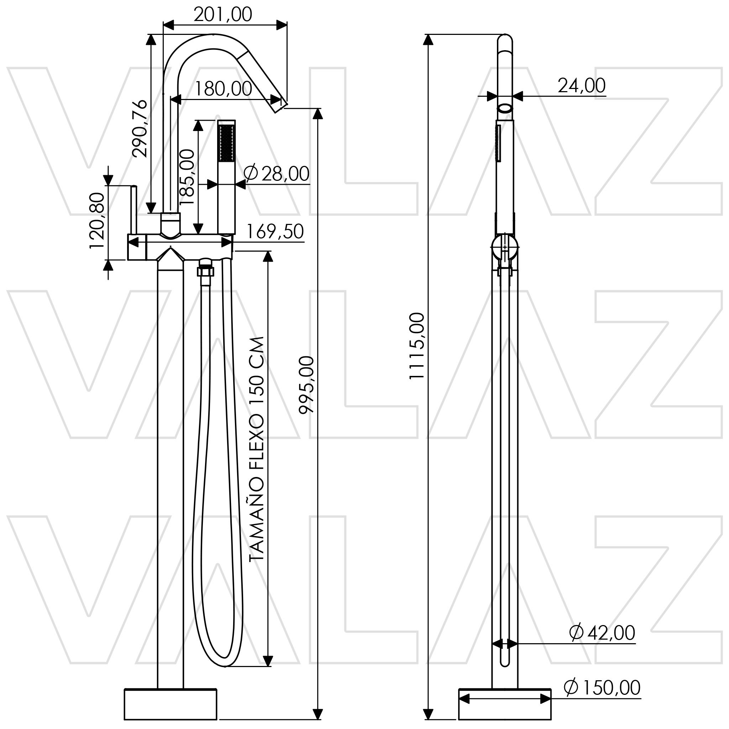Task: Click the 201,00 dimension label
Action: pyautogui.click(x=222, y=15)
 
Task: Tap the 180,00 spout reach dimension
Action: pyautogui.click(x=223, y=89)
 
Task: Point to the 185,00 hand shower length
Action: pyautogui.click(x=188, y=177)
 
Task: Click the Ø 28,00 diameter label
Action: pyautogui.click(x=277, y=174)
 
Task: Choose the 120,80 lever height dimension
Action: pyautogui.click(x=97, y=221)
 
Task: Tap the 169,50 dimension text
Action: pyautogui.click(x=275, y=231)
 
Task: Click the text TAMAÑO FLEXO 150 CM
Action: pyautogui.click(x=257, y=449)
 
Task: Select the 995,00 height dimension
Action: pyautogui.click(x=306, y=385)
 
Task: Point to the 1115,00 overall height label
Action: pyautogui.click(x=417, y=346)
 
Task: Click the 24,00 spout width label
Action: pyautogui.click(x=582, y=86)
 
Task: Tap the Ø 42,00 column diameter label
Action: pyautogui.click(x=602, y=633)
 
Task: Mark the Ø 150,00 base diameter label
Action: pyautogui.click(x=602, y=687)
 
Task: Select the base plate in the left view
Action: pyautogui.click(x=171, y=704)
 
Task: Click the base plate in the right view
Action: pyautogui.click(x=505, y=704)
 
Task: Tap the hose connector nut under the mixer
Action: pyautogui.click(x=205, y=271)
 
